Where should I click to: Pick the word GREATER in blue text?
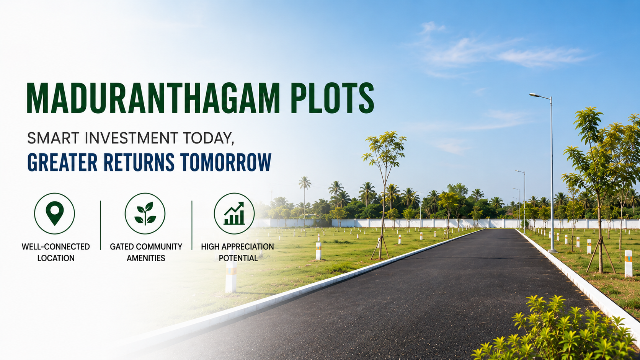pos(62,162)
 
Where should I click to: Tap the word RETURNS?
pos(139,162)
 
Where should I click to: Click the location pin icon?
pos(55,213)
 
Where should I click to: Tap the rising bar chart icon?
pos(234,213)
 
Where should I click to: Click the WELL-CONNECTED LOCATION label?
pos(56,252)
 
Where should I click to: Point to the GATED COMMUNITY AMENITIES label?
pos(146,252)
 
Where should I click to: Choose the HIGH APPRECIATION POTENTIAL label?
pos(237,252)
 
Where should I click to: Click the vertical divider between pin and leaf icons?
pos(101,225)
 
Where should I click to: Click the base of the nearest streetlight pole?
pos(552,251)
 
